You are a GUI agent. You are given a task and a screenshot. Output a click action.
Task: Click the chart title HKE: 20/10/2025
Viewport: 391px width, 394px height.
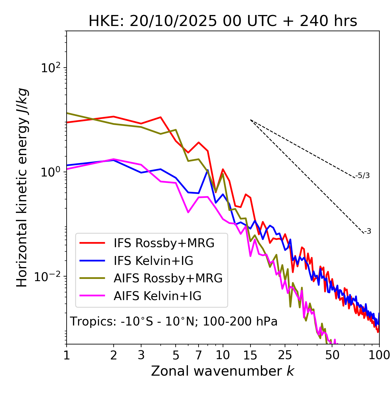223,21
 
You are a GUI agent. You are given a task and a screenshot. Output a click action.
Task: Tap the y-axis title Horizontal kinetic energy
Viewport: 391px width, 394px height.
22,188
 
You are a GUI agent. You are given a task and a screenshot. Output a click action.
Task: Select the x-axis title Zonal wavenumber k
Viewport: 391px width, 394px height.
222,371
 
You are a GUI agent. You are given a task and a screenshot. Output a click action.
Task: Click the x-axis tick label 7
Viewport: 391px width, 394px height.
199,355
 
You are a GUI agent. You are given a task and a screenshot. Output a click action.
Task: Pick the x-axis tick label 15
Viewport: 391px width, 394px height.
250,355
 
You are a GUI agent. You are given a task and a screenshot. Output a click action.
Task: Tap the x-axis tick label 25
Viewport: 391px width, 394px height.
285,355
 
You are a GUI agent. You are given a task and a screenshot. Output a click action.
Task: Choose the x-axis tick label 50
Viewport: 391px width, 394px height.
332,355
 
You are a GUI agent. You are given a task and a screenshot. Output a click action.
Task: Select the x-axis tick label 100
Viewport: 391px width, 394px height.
379,355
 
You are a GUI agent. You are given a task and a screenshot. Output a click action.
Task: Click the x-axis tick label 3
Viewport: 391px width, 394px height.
141,355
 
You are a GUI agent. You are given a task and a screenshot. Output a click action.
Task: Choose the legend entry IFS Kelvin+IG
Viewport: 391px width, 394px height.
153,261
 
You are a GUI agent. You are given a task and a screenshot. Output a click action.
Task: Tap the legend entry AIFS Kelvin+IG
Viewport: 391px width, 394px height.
157,296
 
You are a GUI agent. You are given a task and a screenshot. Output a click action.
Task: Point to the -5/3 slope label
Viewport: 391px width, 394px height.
363,176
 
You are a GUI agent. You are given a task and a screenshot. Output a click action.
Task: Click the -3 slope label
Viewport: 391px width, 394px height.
368,232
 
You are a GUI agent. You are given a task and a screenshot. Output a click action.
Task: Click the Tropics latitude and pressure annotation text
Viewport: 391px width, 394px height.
174,322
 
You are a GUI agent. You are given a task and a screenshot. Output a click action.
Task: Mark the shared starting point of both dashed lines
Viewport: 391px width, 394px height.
250,120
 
